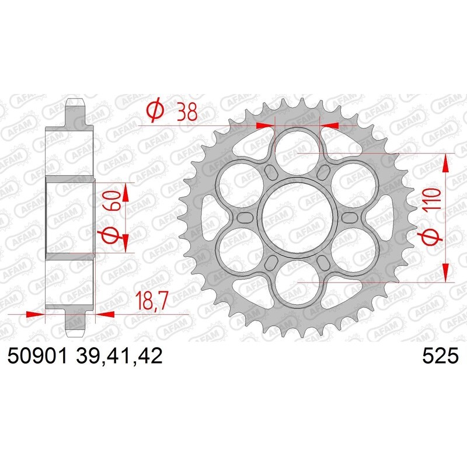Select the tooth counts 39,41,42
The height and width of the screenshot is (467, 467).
pos(120,356)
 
